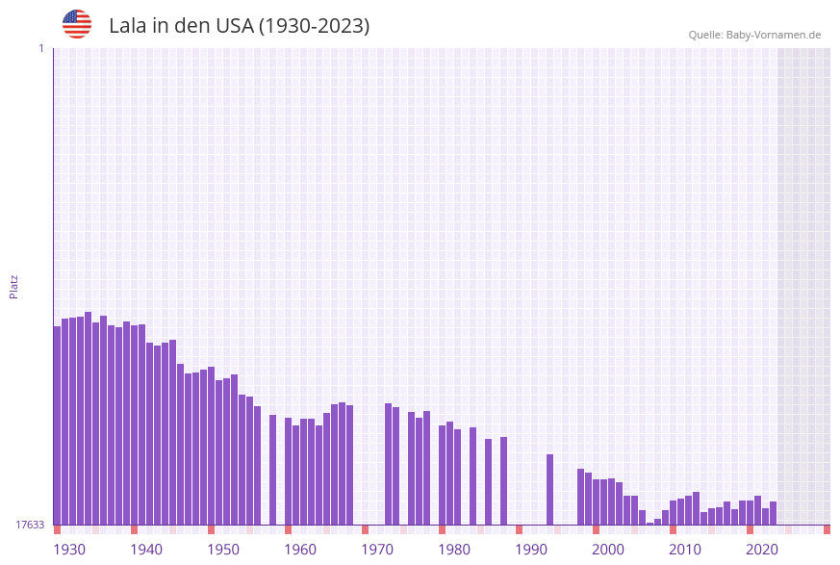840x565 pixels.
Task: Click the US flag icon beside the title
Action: (x=77, y=24)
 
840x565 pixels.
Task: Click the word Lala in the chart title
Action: (x=127, y=26)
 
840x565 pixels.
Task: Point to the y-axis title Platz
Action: (x=14, y=286)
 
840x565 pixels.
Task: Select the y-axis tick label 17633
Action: (x=30, y=525)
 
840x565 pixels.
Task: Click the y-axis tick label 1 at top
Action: (x=41, y=48)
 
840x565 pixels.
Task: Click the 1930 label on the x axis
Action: (x=69, y=550)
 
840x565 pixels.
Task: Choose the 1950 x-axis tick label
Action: (x=223, y=550)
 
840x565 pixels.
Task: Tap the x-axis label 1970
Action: (x=377, y=550)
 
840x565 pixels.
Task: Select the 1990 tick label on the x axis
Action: (x=531, y=550)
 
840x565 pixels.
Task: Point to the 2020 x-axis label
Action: (x=762, y=550)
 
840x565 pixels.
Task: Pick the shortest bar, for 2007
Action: (x=649, y=523)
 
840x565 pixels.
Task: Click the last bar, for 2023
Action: (x=773, y=513)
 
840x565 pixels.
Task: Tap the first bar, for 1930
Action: (x=58, y=425)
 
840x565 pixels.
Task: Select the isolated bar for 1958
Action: (x=273, y=470)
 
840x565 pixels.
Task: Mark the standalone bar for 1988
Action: (x=503, y=480)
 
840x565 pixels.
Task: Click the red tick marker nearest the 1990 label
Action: (x=520, y=529)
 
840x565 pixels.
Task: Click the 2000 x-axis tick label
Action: (x=608, y=550)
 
